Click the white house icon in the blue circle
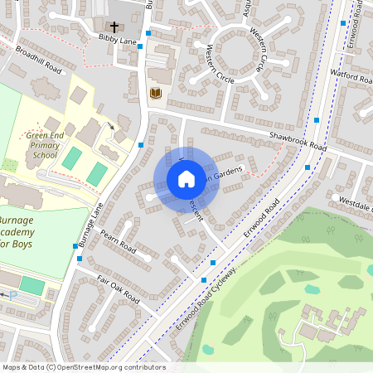(x=186, y=179)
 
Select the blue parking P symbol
(x=12, y=294)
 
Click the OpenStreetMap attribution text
(x=83, y=367)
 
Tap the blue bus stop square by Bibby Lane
(x=148, y=34)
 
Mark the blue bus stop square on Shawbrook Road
(x=318, y=121)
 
